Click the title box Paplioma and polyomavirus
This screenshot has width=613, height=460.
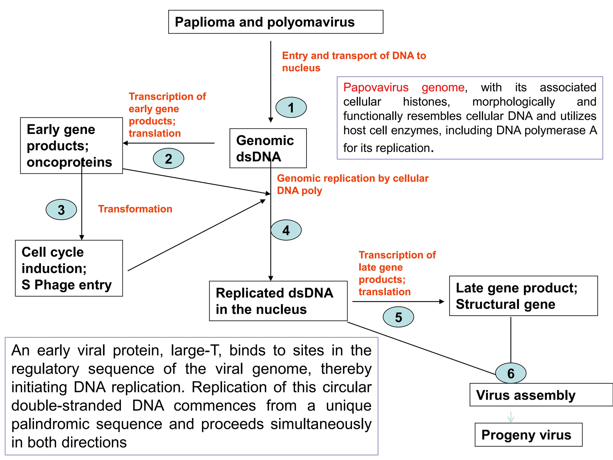click(275, 22)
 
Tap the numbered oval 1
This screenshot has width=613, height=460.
click(291, 108)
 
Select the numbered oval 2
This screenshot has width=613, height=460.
click(169, 158)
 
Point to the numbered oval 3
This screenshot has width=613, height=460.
click(61, 210)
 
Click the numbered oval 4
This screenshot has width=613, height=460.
click(286, 230)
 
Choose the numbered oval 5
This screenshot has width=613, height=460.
click(398, 317)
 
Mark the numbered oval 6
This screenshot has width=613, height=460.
click(511, 373)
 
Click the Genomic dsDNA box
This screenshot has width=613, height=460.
click(268, 148)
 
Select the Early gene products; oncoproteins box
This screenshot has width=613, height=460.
click(71, 146)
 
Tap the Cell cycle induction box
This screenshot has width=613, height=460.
click(69, 268)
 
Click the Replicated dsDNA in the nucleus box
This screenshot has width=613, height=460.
click(278, 301)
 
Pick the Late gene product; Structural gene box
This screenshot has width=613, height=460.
click(523, 296)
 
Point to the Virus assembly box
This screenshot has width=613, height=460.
click(541, 395)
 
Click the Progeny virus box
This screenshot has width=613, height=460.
click(528, 435)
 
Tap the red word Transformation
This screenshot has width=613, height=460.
click(135, 209)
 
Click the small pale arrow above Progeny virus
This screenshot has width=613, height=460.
click(511, 417)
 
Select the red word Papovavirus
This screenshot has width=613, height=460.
click(376, 87)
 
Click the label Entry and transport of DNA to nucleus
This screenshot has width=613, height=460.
click(354, 62)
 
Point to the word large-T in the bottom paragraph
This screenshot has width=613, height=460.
click(196, 350)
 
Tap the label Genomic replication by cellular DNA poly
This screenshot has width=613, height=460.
click(352, 184)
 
